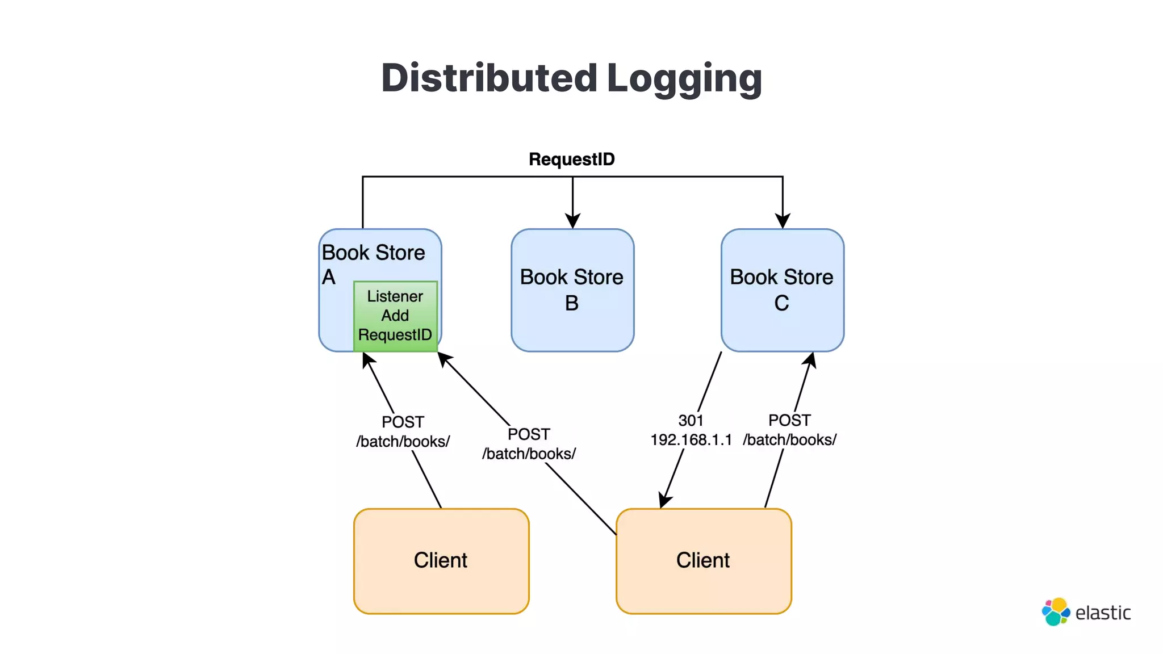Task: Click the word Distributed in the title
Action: point(489,78)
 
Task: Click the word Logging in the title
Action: point(684,79)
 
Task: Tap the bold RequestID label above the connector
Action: point(571,160)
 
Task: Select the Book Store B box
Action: point(572,290)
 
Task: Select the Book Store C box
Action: point(782,290)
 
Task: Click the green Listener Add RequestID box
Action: point(395,316)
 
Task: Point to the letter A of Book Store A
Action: point(329,278)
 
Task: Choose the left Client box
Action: point(441,561)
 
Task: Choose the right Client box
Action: point(704,561)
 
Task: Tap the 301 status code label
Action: point(691,421)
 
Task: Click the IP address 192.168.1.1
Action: point(691,440)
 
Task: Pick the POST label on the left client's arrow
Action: point(403,422)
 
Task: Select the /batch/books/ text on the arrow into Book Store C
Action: point(789,440)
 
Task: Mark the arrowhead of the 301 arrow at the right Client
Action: point(664,501)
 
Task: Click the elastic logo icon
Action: point(1055,612)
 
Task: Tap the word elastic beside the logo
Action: point(1103,613)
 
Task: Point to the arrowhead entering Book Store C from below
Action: point(811,359)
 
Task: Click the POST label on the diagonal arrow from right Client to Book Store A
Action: point(529,434)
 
